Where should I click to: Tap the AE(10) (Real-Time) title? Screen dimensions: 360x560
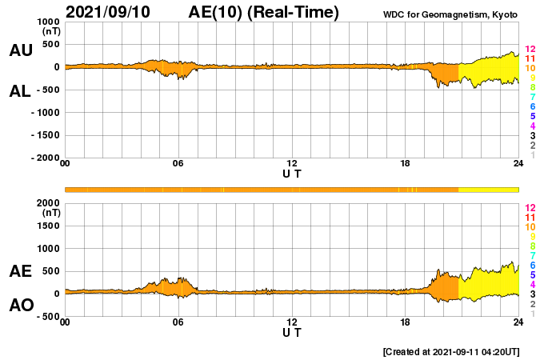pyautogui.click(x=264, y=12)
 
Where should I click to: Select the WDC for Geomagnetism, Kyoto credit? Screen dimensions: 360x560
pyautogui.click(x=450, y=14)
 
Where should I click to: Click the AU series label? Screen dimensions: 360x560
pyautogui.click(x=21, y=51)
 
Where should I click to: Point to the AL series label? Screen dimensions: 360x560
pyautogui.click(x=21, y=91)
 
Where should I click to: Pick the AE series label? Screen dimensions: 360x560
pyautogui.click(x=21, y=271)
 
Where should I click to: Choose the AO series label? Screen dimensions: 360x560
pyautogui.click(x=21, y=306)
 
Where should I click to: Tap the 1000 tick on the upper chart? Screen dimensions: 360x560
pyautogui.click(x=49, y=22)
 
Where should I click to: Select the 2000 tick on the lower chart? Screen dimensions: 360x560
pyautogui.click(x=49, y=203)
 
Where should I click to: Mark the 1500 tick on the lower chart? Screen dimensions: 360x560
pyautogui.click(x=49, y=226)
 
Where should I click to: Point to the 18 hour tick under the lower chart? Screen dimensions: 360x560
pyautogui.click(x=406, y=322)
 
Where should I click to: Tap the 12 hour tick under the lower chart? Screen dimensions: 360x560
pyautogui.click(x=292, y=322)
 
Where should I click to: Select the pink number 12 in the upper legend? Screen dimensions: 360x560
pyautogui.click(x=530, y=49)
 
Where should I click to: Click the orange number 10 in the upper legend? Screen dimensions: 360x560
pyautogui.click(x=530, y=69)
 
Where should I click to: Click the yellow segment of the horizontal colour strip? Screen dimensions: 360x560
pyautogui.click(x=489, y=189)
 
